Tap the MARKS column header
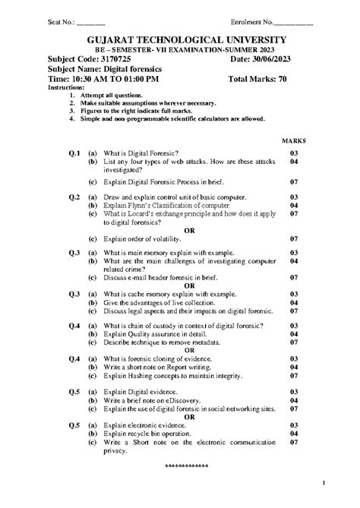click(x=293, y=141)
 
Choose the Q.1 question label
click(x=74, y=153)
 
